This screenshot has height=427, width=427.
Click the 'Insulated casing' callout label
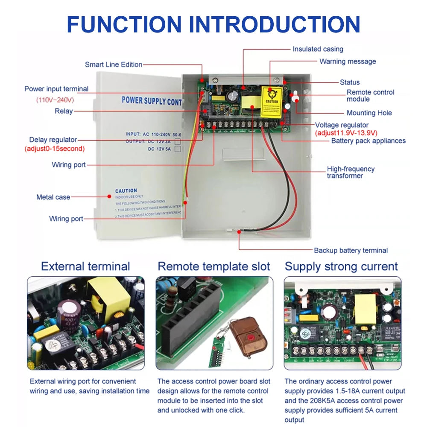click(x=318, y=49)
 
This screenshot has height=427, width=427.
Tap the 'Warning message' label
click(x=348, y=61)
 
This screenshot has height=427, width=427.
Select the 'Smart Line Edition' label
click(x=114, y=64)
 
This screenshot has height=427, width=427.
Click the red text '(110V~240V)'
click(x=55, y=100)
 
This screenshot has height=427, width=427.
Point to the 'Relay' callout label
click(x=64, y=111)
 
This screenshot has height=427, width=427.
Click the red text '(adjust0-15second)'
click(x=54, y=149)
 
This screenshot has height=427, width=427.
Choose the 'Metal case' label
click(x=53, y=197)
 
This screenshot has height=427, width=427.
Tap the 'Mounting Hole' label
click(x=369, y=113)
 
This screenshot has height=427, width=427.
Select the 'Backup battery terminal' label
click(x=351, y=251)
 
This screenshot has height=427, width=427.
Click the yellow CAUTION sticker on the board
click(x=272, y=103)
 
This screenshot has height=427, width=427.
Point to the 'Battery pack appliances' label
click(x=368, y=140)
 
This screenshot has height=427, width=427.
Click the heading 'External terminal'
click(x=85, y=266)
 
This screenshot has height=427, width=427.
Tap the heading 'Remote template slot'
click(x=214, y=266)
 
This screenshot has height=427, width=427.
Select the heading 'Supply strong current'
click(x=341, y=266)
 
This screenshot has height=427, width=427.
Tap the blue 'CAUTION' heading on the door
click(x=126, y=190)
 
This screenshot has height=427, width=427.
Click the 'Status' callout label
click(x=350, y=82)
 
